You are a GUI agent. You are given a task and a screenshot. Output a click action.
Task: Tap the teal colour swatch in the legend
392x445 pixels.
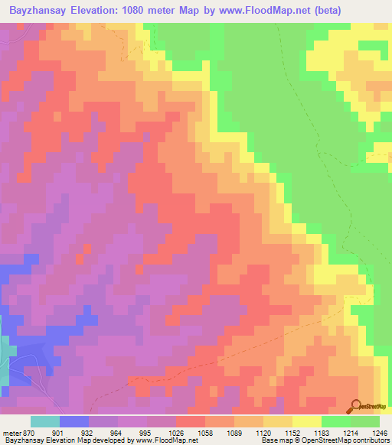tap(45, 421)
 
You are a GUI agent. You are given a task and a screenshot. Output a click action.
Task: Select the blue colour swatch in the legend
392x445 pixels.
tap(74, 421)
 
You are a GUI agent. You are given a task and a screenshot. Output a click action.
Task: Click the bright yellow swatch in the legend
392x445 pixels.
tap(307, 421)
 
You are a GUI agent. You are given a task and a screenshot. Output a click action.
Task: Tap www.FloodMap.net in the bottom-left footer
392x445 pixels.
tap(156, 440)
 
